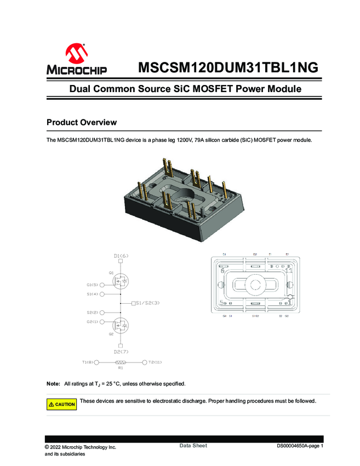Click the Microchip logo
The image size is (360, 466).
76,60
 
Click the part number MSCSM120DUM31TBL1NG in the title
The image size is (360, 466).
228,67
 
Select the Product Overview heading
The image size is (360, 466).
82,122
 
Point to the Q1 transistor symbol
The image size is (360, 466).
121,281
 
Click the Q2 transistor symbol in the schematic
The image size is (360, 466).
121,325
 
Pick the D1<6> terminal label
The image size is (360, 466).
121,256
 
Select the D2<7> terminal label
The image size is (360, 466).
121,351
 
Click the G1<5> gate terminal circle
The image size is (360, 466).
102,285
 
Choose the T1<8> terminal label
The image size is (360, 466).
88,362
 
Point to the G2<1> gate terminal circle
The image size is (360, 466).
102,322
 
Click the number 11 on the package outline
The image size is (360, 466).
289,271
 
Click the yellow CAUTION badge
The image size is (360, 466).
61,404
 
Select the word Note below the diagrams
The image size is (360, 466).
53,383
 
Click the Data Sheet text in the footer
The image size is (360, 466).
193,446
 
